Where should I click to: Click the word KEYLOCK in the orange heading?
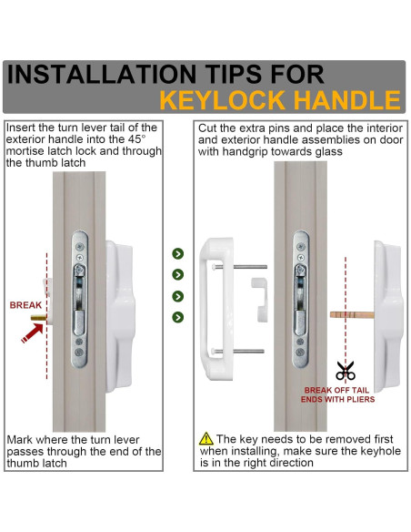click(x=222, y=100)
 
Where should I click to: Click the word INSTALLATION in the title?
click(x=101, y=74)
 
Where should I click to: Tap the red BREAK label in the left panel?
click(x=25, y=305)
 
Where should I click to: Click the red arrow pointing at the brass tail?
click(x=32, y=332)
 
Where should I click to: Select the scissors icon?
click(x=346, y=370)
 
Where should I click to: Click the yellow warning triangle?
click(x=206, y=439)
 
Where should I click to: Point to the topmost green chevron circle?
click(x=177, y=253)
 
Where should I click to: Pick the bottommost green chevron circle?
click(x=177, y=317)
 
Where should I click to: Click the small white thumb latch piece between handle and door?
click(x=260, y=299)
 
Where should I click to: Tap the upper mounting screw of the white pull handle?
click(x=240, y=267)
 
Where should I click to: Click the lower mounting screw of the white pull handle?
click(x=237, y=351)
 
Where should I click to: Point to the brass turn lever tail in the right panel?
click(x=352, y=315)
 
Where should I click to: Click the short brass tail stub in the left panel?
click(x=38, y=318)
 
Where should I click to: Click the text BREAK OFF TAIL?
click(x=336, y=390)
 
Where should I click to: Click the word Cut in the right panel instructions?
click(x=206, y=128)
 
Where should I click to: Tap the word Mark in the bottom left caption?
click(x=20, y=440)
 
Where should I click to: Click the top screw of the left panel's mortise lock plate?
click(x=79, y=246)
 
